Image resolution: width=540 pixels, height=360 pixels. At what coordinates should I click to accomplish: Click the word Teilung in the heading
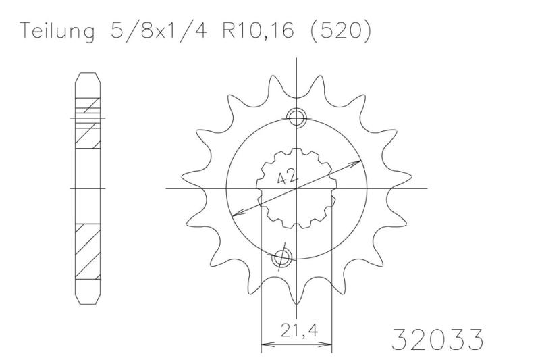(x=55, y=32)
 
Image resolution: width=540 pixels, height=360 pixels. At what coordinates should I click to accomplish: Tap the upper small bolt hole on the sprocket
(x=296, y=118)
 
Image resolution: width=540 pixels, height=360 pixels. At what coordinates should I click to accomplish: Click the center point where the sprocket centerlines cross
(x=296, y=188)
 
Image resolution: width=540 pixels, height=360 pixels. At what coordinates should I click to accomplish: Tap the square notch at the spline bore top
(x=296, y=152)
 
